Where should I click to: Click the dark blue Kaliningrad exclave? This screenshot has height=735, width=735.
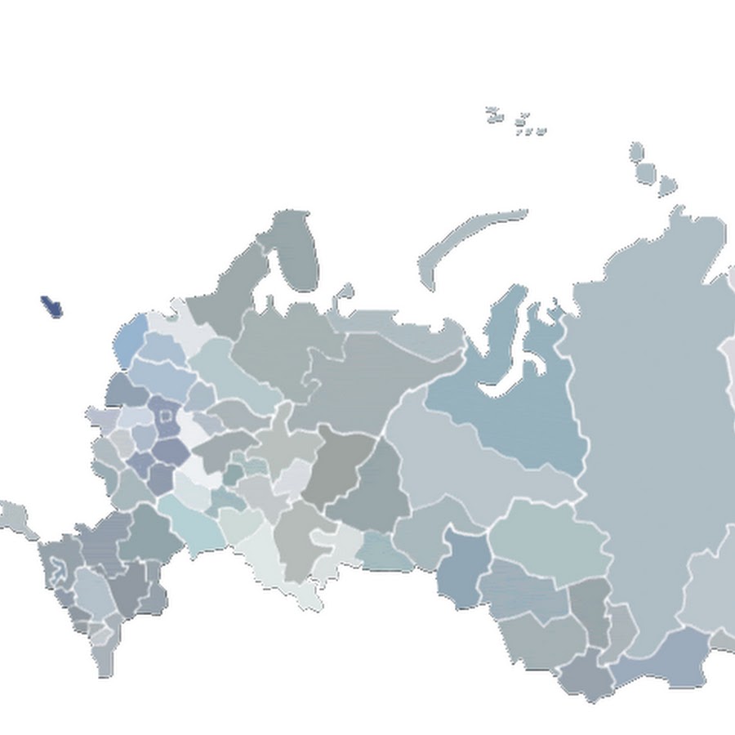click(51, 306)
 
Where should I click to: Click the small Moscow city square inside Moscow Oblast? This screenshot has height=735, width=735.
click(166, 416)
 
